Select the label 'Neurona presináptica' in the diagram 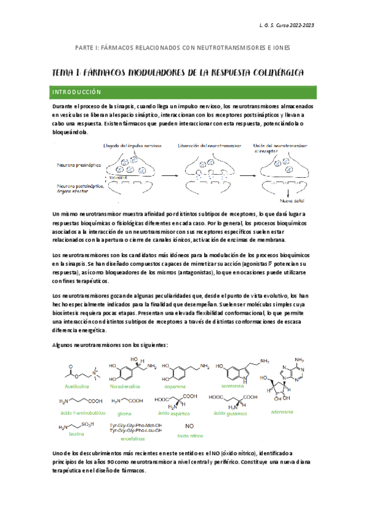point(75,165)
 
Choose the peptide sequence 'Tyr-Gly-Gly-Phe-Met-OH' point(135,425)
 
